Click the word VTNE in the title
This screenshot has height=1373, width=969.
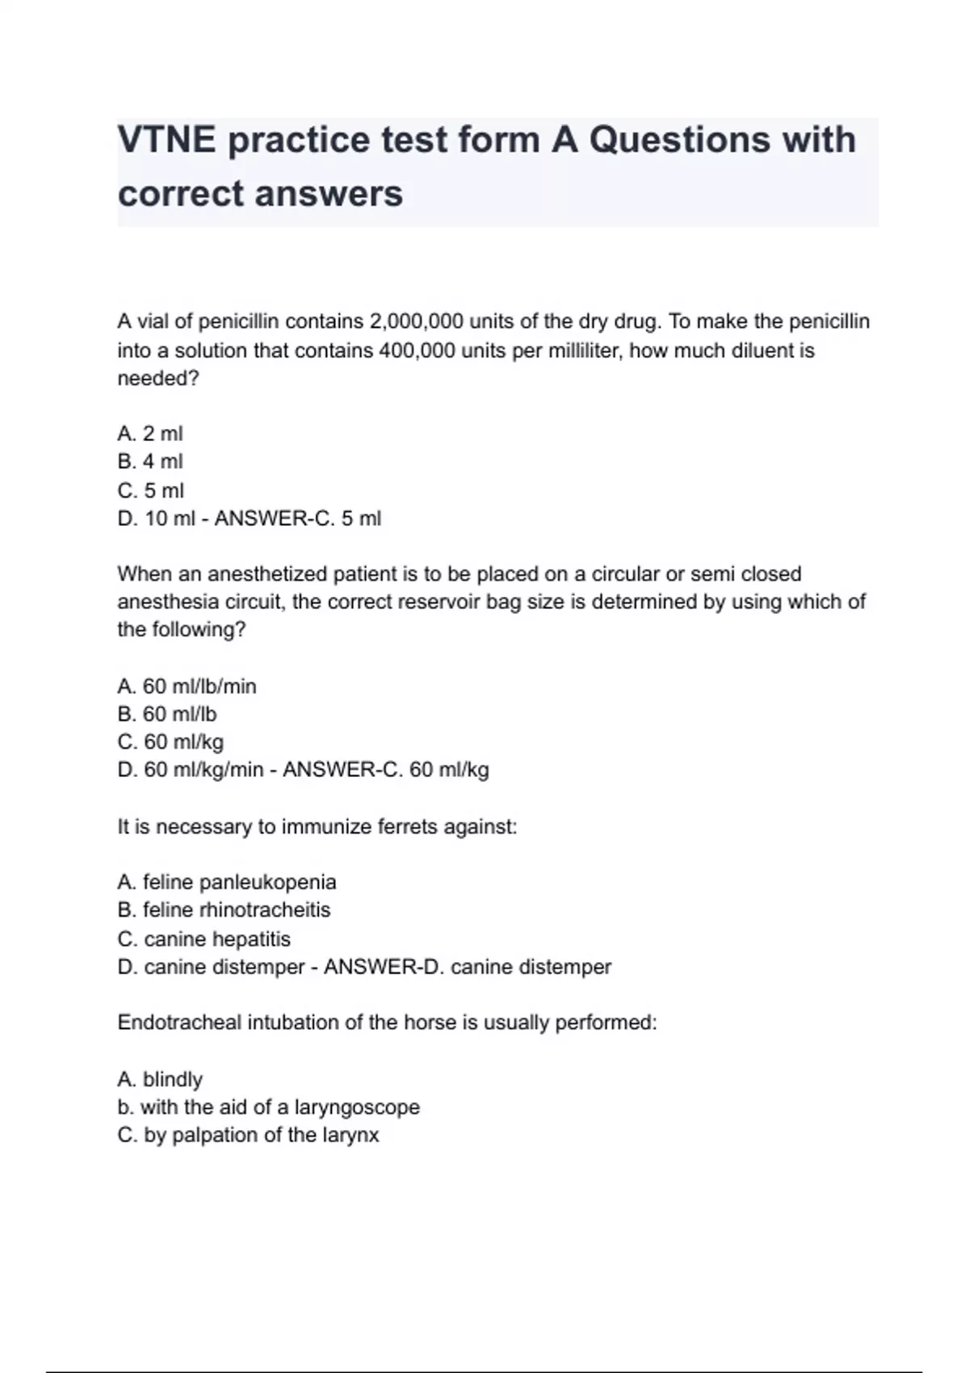tap(166, 140)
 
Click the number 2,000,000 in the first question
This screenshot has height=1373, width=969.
tap(415, 321)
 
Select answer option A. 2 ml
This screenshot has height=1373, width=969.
tap(150, 434)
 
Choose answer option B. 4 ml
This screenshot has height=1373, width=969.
tap(150, 461)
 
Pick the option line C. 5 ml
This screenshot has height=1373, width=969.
tap(150, 490)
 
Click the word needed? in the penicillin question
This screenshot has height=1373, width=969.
tap(157, 379)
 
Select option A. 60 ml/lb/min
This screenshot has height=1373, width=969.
tap(187, 686)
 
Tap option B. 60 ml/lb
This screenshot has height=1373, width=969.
tap(167, 714)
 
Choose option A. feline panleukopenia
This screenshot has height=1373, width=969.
tap(227, 882)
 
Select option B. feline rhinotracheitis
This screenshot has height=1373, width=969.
tap(224, 910)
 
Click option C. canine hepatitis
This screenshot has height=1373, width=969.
tap(203, 938)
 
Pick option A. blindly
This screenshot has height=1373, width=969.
tap(160, 1079)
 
